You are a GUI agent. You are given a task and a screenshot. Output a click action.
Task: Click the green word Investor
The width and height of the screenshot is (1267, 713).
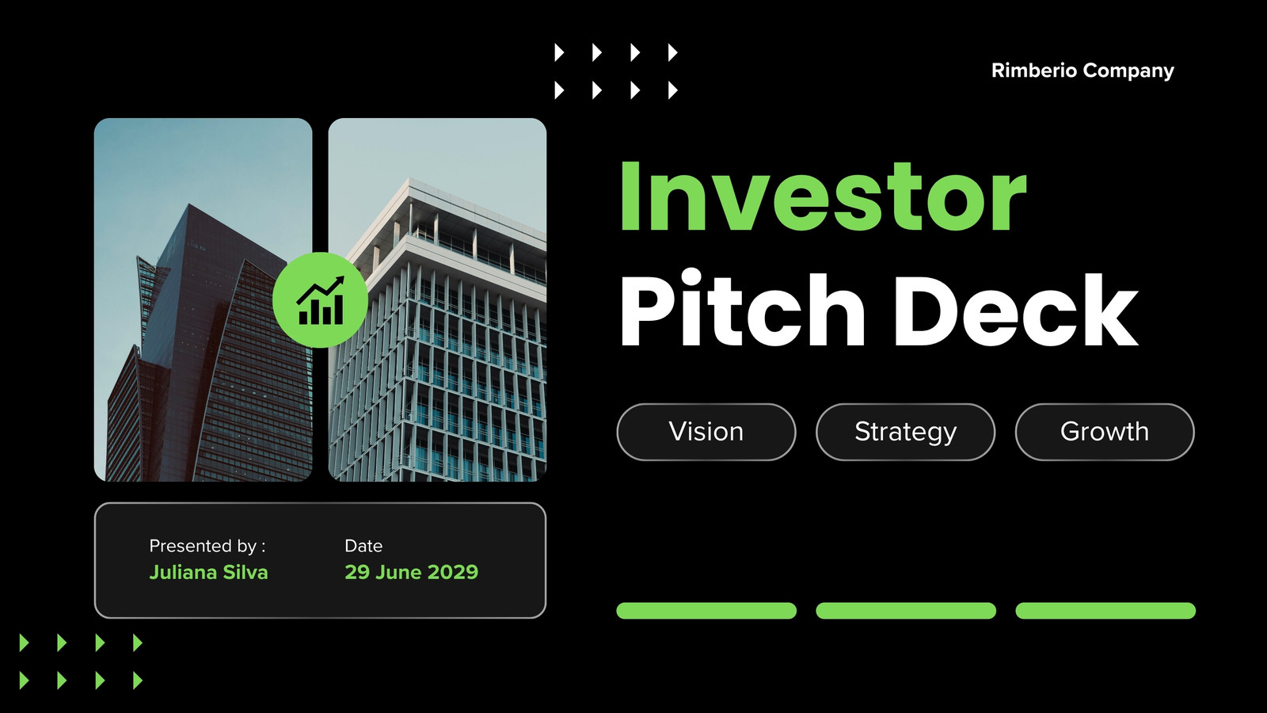pyautogui.click(x=823, y=196)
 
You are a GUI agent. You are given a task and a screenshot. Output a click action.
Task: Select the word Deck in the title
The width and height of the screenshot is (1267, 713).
pyautogui.click(x=1016, y=310)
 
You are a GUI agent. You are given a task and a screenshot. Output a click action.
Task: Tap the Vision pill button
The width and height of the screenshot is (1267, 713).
pyautogui.click(x=706, y=432)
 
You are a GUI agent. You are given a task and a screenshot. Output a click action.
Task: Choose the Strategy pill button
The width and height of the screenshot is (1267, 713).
pyautogui.click(x=905, y=432)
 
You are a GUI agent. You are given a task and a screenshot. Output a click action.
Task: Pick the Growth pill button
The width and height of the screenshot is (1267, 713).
pyautogui.click(x=1105, y=432)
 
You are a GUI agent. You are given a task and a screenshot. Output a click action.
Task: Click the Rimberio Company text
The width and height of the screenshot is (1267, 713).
pyautogui.click(x=1082, y=71)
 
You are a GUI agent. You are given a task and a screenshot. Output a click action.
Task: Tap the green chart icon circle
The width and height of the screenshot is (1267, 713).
pyautogui.click(x=320, y=300)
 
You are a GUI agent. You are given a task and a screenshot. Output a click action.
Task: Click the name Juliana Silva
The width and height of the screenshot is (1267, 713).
pyautogui.click(x=208, y=572)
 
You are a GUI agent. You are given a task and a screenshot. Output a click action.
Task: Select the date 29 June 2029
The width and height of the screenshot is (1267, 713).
pyautogui.click(x=411, y=572)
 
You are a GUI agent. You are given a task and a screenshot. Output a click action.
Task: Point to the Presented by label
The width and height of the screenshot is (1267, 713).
pyautogui.click(x=207, y=546)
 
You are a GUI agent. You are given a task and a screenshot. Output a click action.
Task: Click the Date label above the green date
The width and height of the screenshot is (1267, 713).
pyautogui.click(x=363, y=546)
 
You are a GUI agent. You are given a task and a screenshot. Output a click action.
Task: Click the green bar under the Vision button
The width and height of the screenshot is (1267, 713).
pyautogui.click(x=706, y=611)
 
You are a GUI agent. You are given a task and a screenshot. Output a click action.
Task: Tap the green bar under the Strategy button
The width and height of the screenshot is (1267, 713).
pyautogui.click(x=906, y=611)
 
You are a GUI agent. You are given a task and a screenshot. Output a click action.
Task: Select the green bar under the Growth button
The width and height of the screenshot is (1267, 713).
pyautogui.click(x=1105, y=611)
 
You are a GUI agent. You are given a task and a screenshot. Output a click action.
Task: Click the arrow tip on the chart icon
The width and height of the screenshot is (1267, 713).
pyautogui.click(x=343, y=278)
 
